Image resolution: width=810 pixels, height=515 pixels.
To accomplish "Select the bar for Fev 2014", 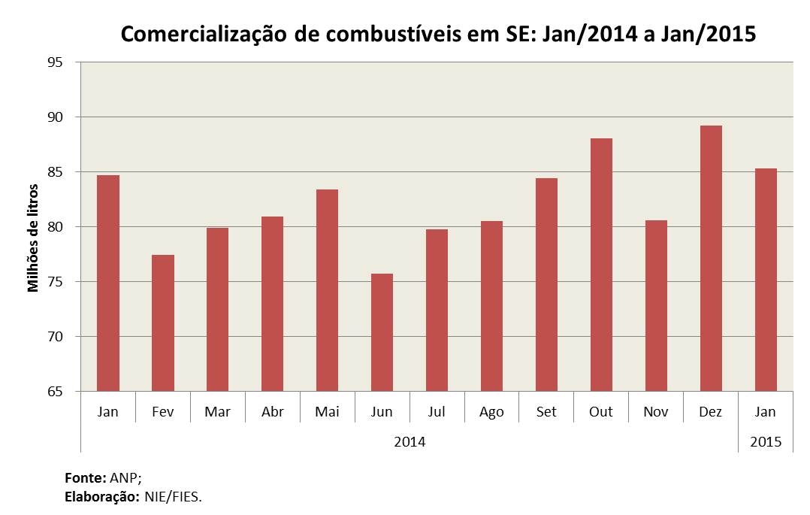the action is pyautogui.click(x=163, y=323).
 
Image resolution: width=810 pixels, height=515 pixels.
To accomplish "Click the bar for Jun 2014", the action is pyautogui.click(x=382, y=332).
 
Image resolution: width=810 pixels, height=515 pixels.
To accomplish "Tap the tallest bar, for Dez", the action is pyautogui.click(x=711, y=259).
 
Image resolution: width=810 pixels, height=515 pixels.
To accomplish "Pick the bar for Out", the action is pyautogui.click(x=601, y=265).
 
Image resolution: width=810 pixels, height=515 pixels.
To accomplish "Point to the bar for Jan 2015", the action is pyautogui.click(x=766, y=280).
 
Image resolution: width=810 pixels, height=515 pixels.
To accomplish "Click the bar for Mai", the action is pyautogui.click(x=327, y=291).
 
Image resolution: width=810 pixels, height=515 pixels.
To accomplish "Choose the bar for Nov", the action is pyautogui.click(x=656, y=306).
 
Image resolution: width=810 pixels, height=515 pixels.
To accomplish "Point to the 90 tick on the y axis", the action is pyautogui.click(x=55, y=117).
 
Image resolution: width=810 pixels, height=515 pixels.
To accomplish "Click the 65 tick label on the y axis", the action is pyautogui.click(x=55, y=392).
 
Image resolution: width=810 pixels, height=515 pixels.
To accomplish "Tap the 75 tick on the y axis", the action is pyautogui.click(x=55, y=282).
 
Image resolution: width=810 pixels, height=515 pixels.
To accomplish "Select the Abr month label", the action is pyautogui.click(x=272, y=411).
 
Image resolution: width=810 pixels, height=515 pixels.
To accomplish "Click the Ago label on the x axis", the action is pyautogui.click(x=491, y=412).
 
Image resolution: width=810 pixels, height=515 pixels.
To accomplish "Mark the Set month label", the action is pyautogui.click(x=546, y=411).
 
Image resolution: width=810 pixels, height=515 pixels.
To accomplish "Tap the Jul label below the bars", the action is pyautogui.click(x=437, y=411).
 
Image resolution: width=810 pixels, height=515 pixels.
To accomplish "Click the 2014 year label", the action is pyautogui.click(x=410, y=442).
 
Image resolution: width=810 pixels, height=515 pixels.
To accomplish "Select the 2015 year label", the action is pyautogui.click(x=766, y=442).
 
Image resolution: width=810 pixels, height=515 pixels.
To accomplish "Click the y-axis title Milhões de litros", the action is pyautogui.click(x=33, y=238).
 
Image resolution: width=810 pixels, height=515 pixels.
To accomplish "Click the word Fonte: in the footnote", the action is pyautogui.click(x=85, y=477).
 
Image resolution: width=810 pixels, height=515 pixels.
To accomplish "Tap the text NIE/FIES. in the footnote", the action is pyautogui.click(x=173, y=498).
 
